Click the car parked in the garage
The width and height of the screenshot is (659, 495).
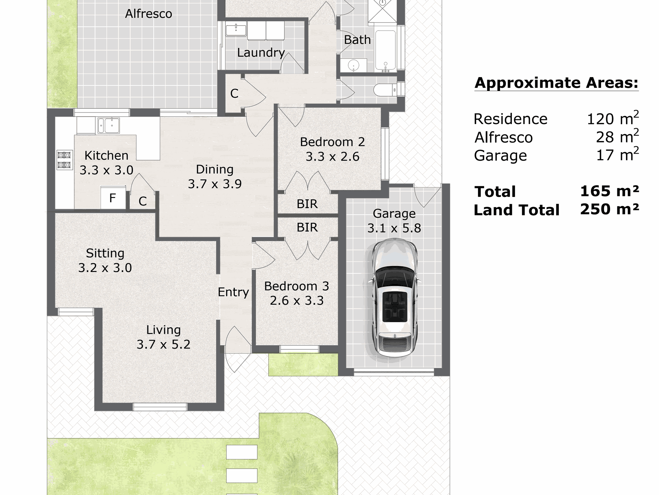pyautogui.click(x=394, y=298)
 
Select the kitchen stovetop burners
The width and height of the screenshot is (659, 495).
pyautogui.click(x=65, y=160)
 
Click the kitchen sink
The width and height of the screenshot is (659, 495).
pyautogui.click(x=109, y=125)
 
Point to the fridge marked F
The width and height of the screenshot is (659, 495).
pyautogui.click(x=113, y=198)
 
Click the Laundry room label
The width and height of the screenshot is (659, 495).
pyautogui.click(x=261, y=52)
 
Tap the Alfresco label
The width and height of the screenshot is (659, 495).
pyautogui.click(x=148, y=14)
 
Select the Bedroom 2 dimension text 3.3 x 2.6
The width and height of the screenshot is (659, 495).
pyautogui.click(x=332, y=157)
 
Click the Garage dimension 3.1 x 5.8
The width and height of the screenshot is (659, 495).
pyautogui.click(x=394, y=228)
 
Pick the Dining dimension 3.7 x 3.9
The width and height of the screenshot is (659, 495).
pyautogui.click(x=215, y=184)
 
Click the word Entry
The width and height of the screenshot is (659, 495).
pyautogui.click(x=233, y=292)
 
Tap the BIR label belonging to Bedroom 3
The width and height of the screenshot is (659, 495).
pyautogui.click(x=307, y=228)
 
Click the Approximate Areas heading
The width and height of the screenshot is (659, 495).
pyautogui.click(x=557, y=83)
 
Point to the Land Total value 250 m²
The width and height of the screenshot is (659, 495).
pyautogui.click(x=609, y=209)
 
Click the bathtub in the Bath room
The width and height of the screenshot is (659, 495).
pyautogui.click(x=385, y=50)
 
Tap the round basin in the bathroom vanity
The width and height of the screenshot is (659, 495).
pyautogui.click(x=353, y=65)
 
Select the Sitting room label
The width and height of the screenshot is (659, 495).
pyautogui.click(x=105, y=253)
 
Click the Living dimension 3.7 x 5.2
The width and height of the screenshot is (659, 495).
pyautogui.click(x=163, y=344)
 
